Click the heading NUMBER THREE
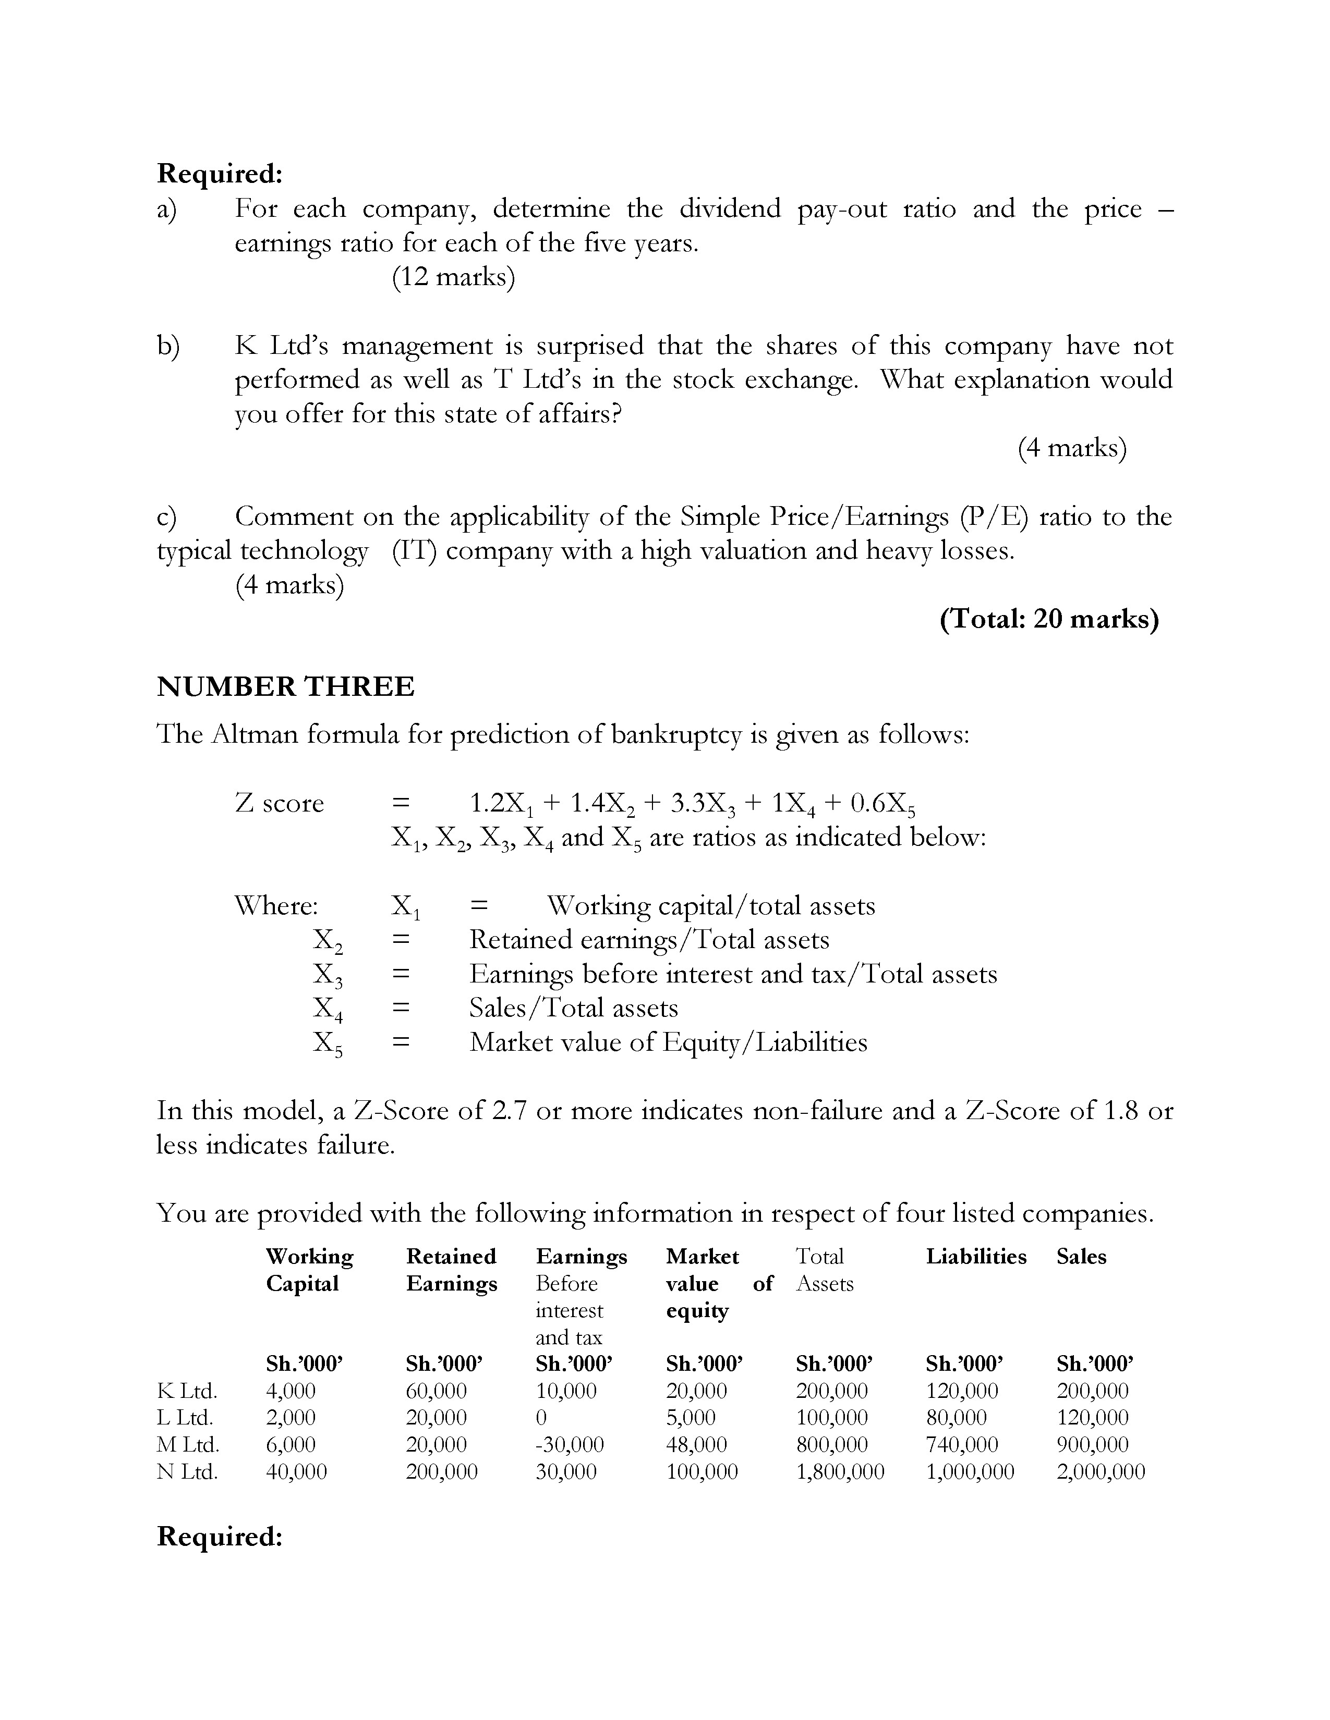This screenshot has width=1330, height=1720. pos(285,687)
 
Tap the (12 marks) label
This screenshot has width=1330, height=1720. pos(453,277)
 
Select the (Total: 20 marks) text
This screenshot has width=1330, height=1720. pos(1049,619)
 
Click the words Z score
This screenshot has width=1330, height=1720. pos(279,803)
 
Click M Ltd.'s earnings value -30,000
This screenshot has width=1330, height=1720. pos(569,1444)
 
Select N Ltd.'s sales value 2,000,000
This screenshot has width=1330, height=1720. pos(1100,1471)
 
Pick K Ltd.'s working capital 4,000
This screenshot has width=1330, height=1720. pos(290,1391)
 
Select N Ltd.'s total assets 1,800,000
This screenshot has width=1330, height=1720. pos(840,1471)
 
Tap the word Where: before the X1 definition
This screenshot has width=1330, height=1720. pos(276,906)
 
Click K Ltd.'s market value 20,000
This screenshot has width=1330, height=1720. pos(696,1391)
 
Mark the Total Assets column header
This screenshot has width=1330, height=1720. pos(824,1270)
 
